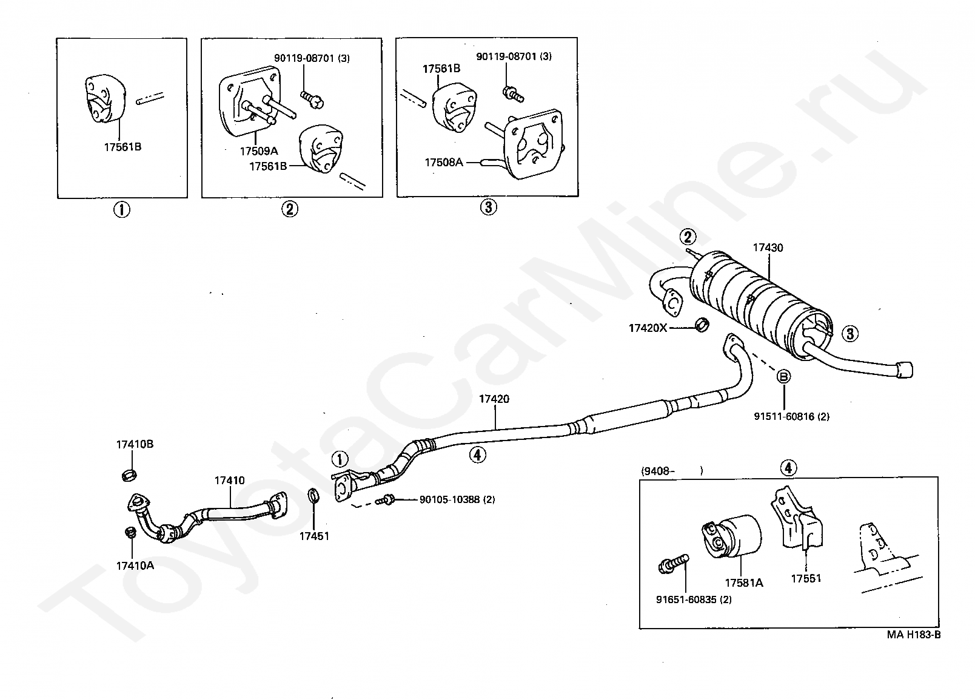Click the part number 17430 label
pyautogui.click(x=768, y=248)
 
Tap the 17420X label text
pyautogui.click(x=647, y=328)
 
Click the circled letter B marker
pyautogui.click(x=783, y=376)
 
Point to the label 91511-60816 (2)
pyautogui.click(x=791, y=417)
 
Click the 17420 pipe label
pyautogui.click(x=494, y=399)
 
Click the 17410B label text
pyautogui.click(x=135, y=444)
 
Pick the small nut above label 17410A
pyautogui.click(x=130, y=532)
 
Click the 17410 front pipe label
pyautogui.click(x=229, y=481)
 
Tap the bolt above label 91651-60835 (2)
pyautogui.click(x=673, y=564)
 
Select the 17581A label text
pyautogui.click(x=744, y=582)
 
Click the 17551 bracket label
pyautogui.click(x=806, y=578)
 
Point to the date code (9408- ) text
pyautogui.click(x=672, y=471)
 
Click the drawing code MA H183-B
pyautogui.click(x=914, y=635)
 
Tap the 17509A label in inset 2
pyautogui.click(x=258, y=151)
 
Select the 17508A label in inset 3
pyautogui.click(x=443, y=163)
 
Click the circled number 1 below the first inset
pyautogui.click(x=122, y=210)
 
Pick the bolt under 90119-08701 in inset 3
pyautogui.click(x=513, y=94)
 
